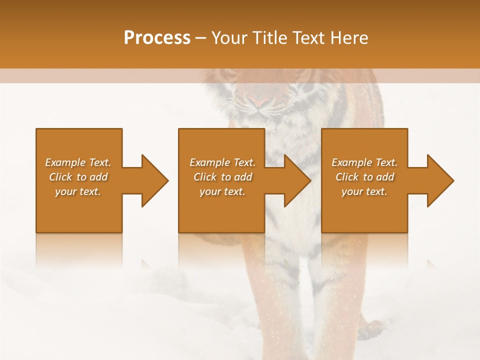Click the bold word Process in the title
(157, 38)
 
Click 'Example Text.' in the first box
(78, 162)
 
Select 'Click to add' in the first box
(78, 177)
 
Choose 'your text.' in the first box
(78, 191)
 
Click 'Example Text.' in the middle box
(222, 162)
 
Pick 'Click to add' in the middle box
(222, 177)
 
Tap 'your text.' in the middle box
(222, 191)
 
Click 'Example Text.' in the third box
(364, 162)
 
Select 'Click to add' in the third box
(364, 177)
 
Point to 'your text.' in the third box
(364, 191)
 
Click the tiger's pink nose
(259, 101)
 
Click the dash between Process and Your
(200, 38)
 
